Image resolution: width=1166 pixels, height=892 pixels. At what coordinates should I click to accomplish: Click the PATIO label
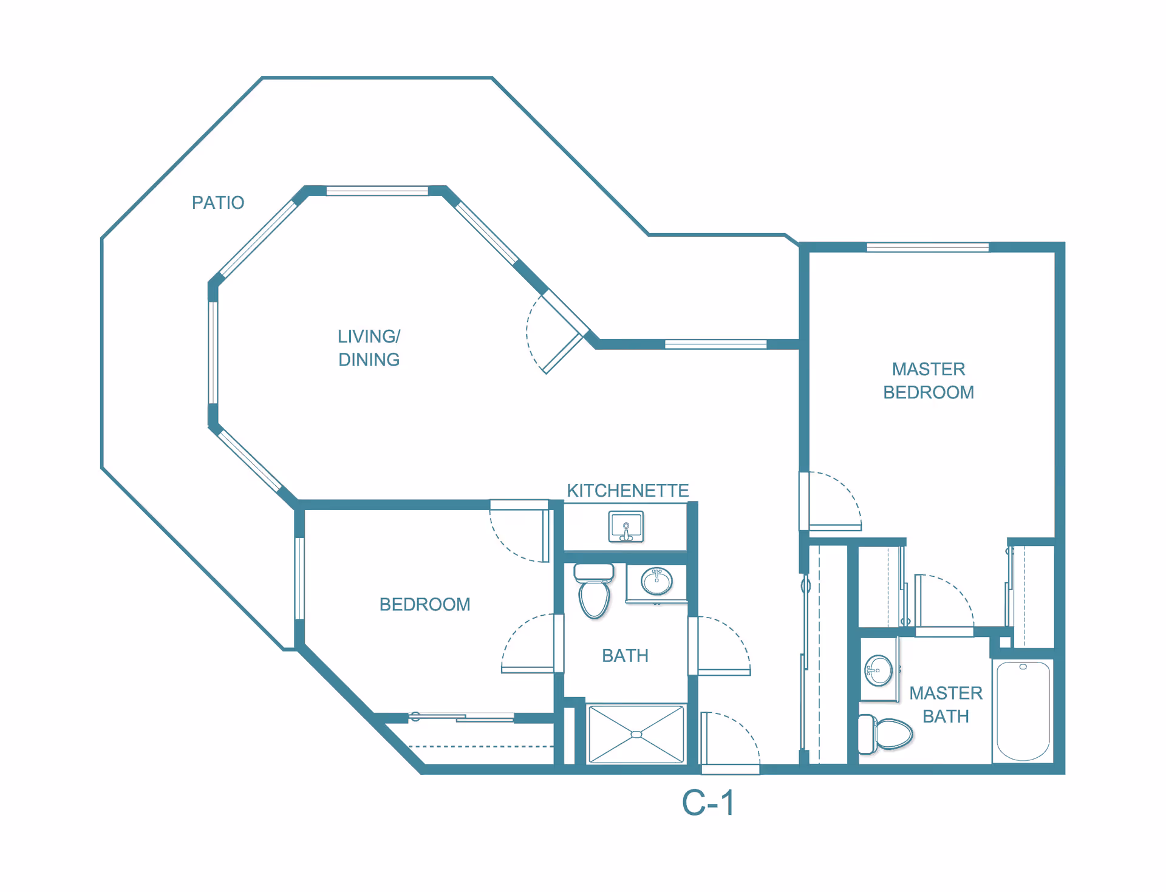(217, 202)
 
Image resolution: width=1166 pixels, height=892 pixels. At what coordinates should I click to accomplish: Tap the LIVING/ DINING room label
(369, 348)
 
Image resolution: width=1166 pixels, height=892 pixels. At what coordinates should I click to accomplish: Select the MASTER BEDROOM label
(928, 381)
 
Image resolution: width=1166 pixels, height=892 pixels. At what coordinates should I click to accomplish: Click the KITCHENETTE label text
(627, 491)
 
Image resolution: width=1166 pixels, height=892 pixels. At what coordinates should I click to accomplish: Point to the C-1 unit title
(708, 803)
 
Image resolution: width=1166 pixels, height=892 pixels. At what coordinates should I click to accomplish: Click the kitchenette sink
(626, 526)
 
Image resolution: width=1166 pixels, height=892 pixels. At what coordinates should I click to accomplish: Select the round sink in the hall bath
(656, 581)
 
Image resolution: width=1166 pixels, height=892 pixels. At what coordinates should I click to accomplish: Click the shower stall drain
(636, 735)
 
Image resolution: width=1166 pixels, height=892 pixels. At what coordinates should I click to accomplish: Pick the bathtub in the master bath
(1023, 710)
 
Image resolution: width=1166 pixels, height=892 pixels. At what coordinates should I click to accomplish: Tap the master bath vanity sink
(878, 670)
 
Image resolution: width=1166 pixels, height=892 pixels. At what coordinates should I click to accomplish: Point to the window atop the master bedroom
(927, 247)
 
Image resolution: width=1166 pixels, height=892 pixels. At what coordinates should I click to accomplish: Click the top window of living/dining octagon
(377, 191)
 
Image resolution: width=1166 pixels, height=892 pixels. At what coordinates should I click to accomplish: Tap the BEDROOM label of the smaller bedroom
(424, 604)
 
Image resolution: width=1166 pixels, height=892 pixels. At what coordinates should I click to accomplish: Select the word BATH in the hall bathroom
(625, 656)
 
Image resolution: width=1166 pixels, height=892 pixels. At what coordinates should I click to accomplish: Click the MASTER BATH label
(945, 704)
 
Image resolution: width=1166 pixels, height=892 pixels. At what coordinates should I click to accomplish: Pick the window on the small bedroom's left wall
(299, 578)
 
